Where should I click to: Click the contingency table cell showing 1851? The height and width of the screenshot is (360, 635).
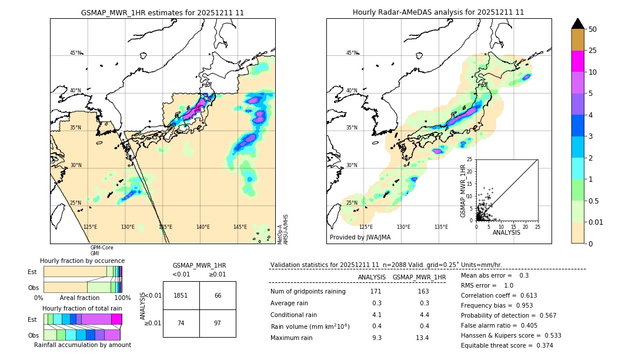[x=181, y=295]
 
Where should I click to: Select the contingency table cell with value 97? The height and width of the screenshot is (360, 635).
[x=218, y=324]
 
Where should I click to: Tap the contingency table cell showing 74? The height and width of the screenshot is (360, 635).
[x=181, y=324]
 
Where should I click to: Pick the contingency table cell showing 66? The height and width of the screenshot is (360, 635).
[x=218, y=295]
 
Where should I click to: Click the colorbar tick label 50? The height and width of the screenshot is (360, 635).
[x=593, y=29]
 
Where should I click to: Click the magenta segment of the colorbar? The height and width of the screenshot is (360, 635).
[x=578, y=61]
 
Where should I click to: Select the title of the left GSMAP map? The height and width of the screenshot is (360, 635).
[x=162, y=12]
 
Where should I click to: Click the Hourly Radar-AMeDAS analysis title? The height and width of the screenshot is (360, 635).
[x=438, y=12]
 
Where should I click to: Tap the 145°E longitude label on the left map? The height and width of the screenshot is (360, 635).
[x=240, y=227]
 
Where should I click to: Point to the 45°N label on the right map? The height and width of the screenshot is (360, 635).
[x=352, y=53]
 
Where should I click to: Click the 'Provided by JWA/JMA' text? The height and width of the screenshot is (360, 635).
[x=360, y=237]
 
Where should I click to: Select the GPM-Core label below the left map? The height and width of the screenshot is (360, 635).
[x=102, y=248]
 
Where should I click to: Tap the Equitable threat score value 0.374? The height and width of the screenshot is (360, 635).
[x=539, y=345]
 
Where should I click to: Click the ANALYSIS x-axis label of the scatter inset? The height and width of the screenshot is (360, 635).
[x=506, y=232]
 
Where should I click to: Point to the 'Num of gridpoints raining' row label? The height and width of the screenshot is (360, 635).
[x=308, y=291]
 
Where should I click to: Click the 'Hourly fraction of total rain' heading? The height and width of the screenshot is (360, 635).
[x=82, y=308]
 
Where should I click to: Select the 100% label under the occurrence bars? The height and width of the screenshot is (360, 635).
[x=122, y=298]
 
